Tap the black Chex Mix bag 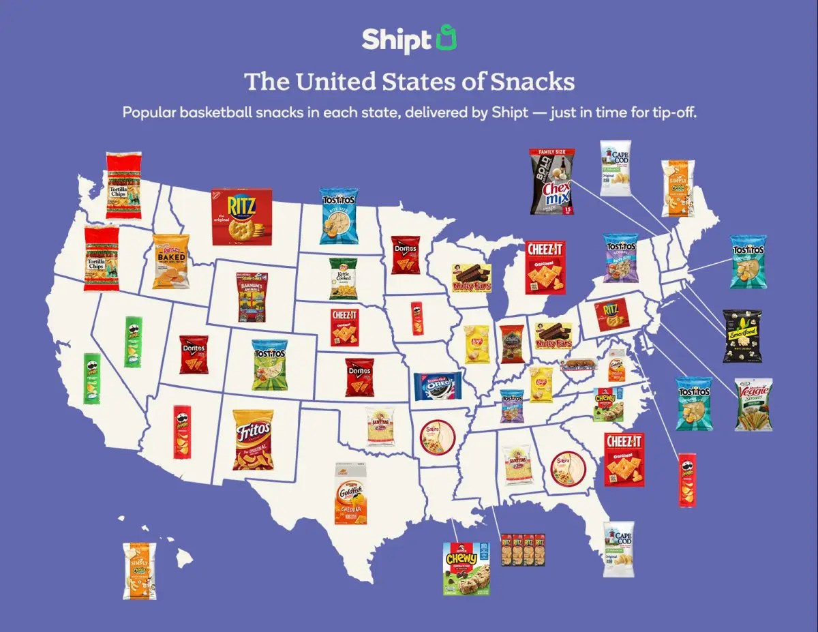pos(552,181)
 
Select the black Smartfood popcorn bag pos(742,335)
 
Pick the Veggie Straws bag pos(753,404)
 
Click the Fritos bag pos(253,440)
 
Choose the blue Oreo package pos(438,386)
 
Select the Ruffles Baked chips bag pos(170,262)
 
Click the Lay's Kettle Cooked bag pos(343,278)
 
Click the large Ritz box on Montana pos(241,217)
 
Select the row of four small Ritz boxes pos(522,550)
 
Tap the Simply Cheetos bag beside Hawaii pos(139,571)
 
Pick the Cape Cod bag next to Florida pos(618,549)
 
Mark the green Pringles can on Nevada pos(133,342)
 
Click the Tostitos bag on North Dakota pos(339,216)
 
